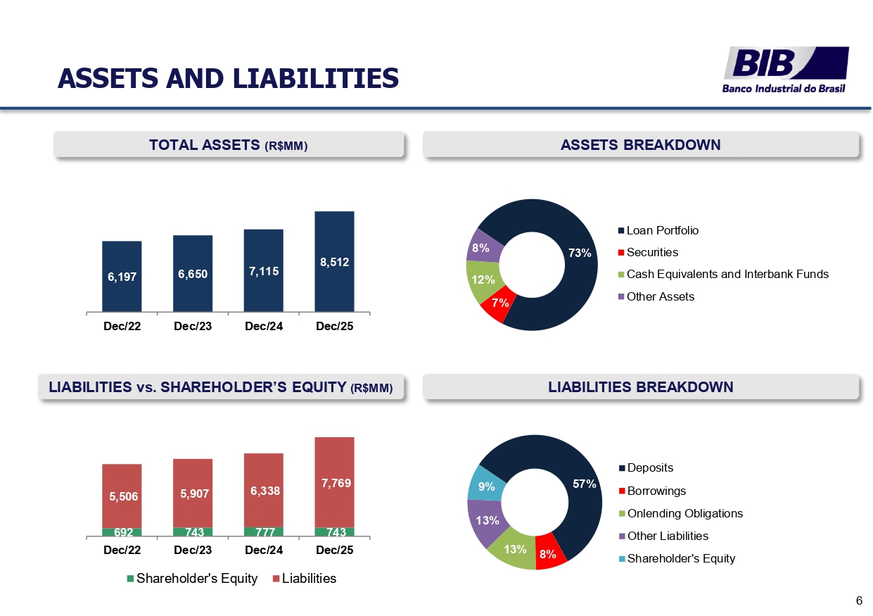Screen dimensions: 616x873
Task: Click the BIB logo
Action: pyautogui.click(x=786, y=69)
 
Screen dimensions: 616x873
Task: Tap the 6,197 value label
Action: pyautogui.click(x=122, y=277)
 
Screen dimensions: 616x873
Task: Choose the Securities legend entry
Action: pyautogui.click(x=652, y=252)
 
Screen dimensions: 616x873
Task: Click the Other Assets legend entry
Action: pyautogui.click(x=660, y=296)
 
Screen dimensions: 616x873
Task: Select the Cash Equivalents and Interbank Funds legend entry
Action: pyautogui.click(x=727, y=274)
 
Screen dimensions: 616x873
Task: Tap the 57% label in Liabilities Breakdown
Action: pyautogui.click(x=584, y=484)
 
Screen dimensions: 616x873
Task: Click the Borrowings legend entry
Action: pyautogui.click(x=656, y=491)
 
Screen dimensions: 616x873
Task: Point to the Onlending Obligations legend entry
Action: pyautogui.click(x=684, y=513)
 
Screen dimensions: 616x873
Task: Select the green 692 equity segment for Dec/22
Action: pyautogui.click(x=122, y=532)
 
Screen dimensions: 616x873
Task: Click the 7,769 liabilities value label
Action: pyautogui.click(x=334, y=483)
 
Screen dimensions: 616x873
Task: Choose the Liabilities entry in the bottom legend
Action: pyautogui.click(x=309, y=579)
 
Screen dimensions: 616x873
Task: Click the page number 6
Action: pyautogui.click(x=859, y=601)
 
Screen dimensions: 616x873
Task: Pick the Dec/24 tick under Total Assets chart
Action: pyautogui.click(x=264, y=326)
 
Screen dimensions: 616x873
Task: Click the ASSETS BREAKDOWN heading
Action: pyautogui.click(x=640, y=145)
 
